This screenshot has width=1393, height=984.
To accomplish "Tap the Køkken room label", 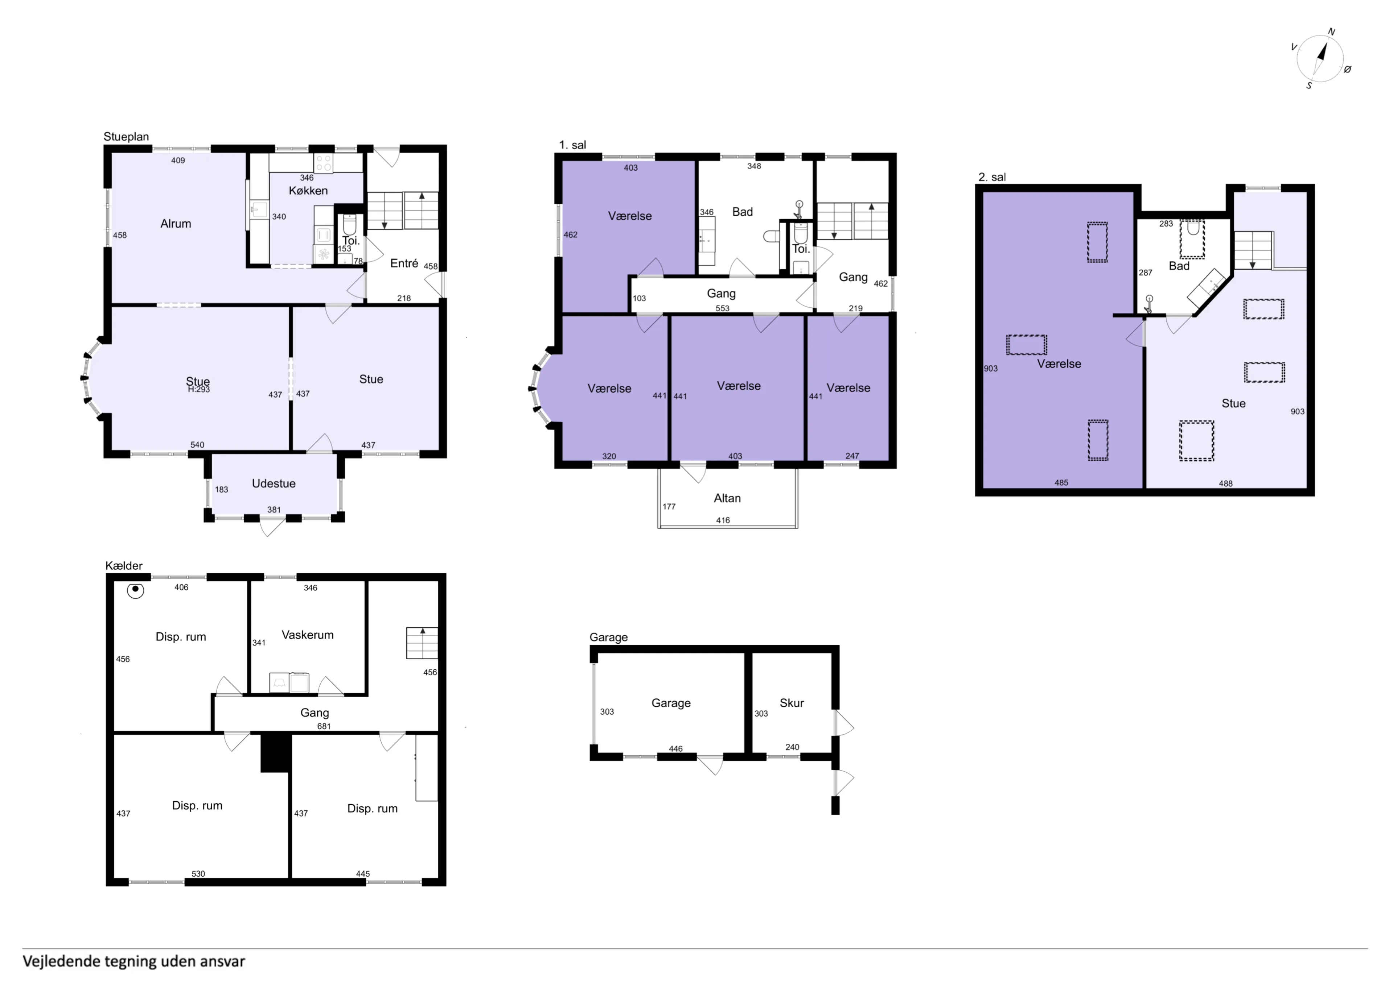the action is [308, 190].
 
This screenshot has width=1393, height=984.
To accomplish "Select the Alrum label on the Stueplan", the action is [176, 224].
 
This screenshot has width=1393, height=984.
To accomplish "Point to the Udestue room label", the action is [274, 483].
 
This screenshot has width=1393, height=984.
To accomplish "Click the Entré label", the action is [404, 263].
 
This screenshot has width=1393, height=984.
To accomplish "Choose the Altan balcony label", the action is [727, 498].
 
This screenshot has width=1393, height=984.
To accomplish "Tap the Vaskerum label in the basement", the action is [308, 635].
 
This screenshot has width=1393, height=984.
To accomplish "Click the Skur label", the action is [792, 703].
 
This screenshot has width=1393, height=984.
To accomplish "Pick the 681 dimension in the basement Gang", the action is [324, 726].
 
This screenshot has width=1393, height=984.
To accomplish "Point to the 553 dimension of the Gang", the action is [722, 308].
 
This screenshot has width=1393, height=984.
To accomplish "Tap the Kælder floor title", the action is [124, 566].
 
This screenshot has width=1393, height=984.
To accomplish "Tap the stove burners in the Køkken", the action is [323, 162].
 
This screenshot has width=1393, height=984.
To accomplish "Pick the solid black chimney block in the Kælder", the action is [275, 752].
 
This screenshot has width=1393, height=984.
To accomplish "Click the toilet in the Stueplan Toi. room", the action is [349, 225].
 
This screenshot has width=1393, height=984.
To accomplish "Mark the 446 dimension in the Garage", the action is [676, 749].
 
